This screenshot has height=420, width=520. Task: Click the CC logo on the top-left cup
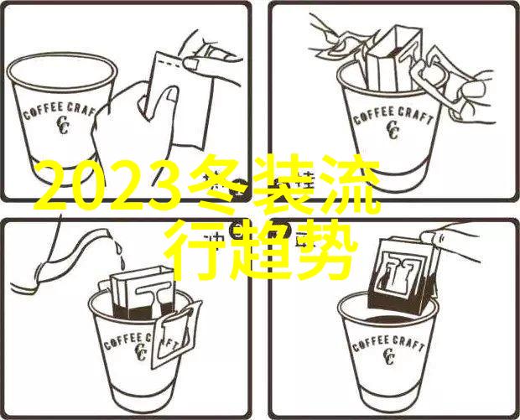[63, 125]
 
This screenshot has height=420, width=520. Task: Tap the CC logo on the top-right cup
[393, 130]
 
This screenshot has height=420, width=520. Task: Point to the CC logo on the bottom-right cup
[387, 355]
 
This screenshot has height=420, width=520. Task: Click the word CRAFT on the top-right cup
[416, 116]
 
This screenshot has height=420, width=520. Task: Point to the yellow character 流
[351, 184]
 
